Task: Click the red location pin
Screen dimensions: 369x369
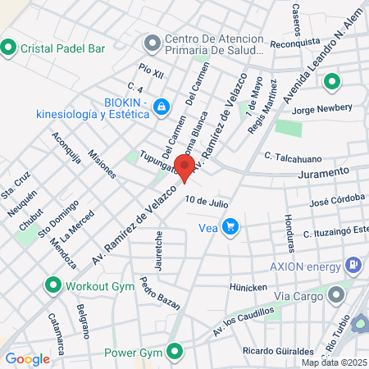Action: tap(185, 168)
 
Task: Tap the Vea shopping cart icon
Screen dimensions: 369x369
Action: tap(231, 226)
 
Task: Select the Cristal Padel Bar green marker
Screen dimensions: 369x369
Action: tap(9, 48)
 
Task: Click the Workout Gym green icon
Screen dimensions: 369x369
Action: tap(53, 285)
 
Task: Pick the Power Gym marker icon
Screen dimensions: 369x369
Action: tap(174, 353)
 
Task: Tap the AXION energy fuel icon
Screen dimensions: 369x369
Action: tap(353, 265)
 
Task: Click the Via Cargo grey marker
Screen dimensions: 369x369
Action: tap(335, 294)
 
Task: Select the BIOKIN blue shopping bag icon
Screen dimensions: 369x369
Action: tap(162, 107)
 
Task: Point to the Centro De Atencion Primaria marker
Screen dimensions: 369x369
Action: tap(152, 42)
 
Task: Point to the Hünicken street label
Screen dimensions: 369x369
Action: tap(248, 287)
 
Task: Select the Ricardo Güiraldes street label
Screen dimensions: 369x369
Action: tap(274, 350)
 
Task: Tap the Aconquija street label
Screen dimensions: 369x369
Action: tap(66, 148)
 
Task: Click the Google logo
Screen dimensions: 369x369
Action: tap(27, 358)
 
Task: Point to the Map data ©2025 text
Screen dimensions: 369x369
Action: tap(335, 362)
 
